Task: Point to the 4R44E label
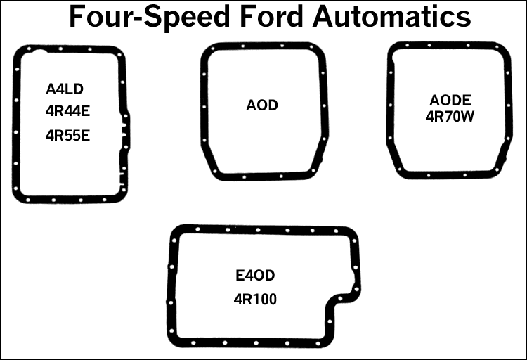[67, 112]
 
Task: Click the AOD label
[262, 106]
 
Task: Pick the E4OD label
[256, 275]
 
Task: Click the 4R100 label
[256, 299]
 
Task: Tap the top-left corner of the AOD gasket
[209, 51]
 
